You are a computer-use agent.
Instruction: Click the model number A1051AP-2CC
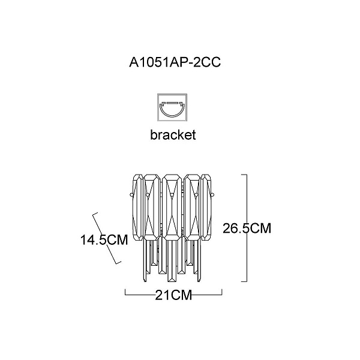[175, 62]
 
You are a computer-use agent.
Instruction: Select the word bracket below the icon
[173, 134]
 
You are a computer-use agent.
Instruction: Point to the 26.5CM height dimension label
[247, 228]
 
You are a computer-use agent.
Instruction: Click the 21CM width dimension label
[173, 295]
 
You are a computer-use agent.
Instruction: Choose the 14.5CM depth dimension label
[104, 240]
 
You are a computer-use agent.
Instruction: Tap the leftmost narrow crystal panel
[138, 208]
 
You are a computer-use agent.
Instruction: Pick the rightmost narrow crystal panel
[206, 208]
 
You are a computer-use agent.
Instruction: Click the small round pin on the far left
[131, 195]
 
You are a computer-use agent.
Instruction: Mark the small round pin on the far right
[212, 195]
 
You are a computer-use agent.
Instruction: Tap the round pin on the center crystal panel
[172, 195]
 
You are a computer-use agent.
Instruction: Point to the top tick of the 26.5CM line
[244, 175]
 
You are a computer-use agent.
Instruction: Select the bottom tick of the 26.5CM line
[244, 281]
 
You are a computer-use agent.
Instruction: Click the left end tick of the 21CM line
[125, 292]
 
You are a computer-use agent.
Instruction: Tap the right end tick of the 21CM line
[222, 292]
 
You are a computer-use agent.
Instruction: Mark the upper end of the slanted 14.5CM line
[95, 214]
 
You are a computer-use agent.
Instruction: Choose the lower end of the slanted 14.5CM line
[118, 262]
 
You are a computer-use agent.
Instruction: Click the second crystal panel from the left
[152, 208]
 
